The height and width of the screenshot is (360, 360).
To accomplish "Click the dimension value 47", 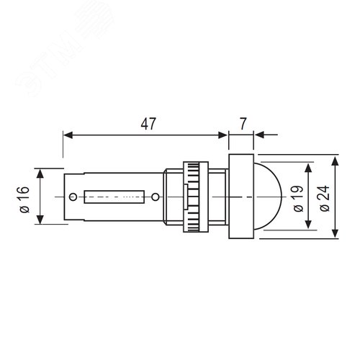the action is (148, 124).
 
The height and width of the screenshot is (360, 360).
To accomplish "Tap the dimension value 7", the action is (243, 124).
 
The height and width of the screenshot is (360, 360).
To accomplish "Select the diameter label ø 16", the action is (24, 199).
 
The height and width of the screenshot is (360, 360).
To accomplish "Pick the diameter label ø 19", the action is (298, 199).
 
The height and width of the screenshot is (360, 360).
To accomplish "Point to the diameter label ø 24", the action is (325, 198).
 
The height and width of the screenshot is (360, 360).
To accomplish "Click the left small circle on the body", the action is (73, 197).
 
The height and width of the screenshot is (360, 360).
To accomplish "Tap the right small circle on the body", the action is (156, 197).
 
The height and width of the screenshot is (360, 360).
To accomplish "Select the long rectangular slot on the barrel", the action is (114, 197).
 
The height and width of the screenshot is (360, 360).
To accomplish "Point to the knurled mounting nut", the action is (196, 197).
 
